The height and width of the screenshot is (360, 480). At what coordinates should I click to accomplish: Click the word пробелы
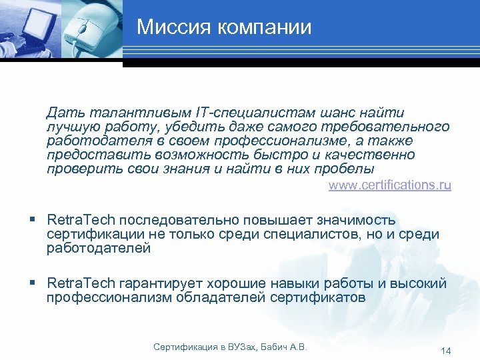344,169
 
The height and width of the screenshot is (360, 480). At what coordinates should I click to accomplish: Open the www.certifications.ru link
389,185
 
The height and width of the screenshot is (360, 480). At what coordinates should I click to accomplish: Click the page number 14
446,351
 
